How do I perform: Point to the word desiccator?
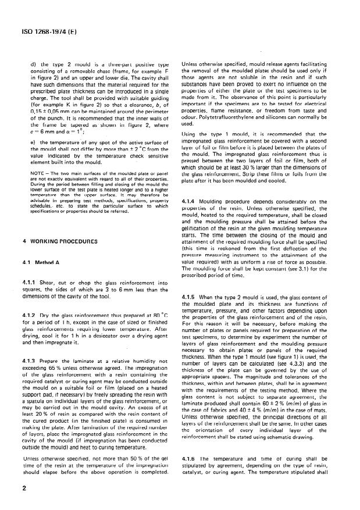(92, 343)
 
